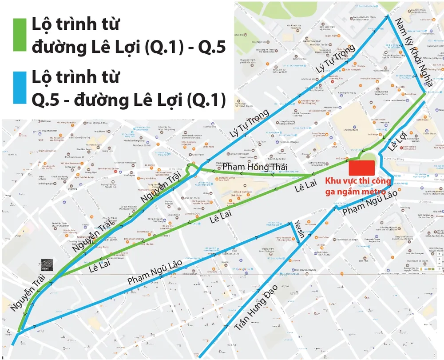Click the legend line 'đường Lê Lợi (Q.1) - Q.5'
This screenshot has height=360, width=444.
click(128, 47)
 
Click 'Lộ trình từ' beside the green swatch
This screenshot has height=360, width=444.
click(75, 25)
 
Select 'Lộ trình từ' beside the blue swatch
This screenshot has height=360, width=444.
click(75, 77)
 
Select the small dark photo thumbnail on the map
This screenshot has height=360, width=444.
click(47, 265)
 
